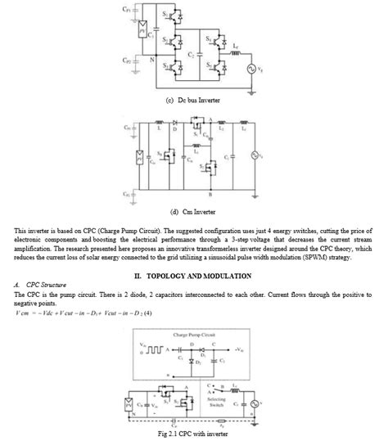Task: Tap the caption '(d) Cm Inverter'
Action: point(194,209)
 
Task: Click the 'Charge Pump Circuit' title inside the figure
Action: point(194,335)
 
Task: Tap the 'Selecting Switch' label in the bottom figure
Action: point(217,402)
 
